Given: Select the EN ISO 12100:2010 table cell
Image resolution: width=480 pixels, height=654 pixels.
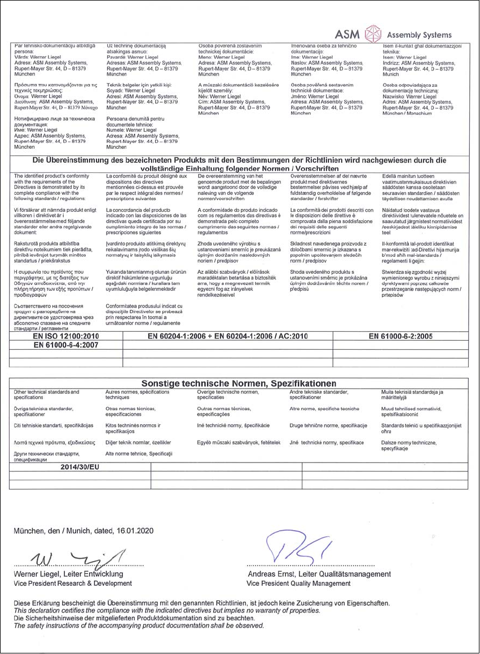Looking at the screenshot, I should pyautogui.click(x=66, y=336).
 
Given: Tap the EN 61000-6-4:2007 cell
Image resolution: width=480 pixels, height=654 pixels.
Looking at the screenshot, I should pyautogui.click(x=66, y=345).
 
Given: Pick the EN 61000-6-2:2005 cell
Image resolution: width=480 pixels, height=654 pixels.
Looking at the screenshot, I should pyautogui.click(x=400, y=336).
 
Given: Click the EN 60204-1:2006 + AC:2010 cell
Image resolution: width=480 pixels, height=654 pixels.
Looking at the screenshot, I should pyautogui.click(x=227, y=336).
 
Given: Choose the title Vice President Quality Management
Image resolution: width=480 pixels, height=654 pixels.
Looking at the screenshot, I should pyautogui.click(x=298, y=583).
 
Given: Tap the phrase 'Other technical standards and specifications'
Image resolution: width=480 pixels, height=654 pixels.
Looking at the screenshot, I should pyautogui.click(x=46, y=394).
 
